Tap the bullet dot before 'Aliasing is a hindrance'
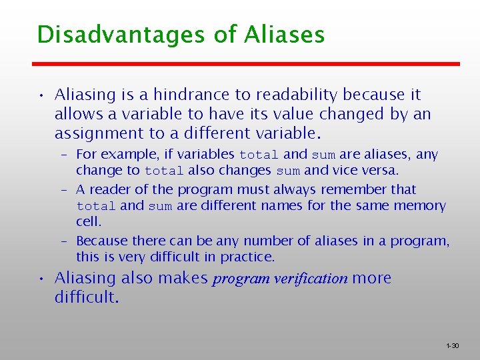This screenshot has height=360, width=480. (x=41, y=95)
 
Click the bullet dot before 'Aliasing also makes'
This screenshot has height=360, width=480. (x=41, y=279)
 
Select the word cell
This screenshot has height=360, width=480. (x=88, y=221)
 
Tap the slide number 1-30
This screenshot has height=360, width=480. (x=452, y=346)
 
